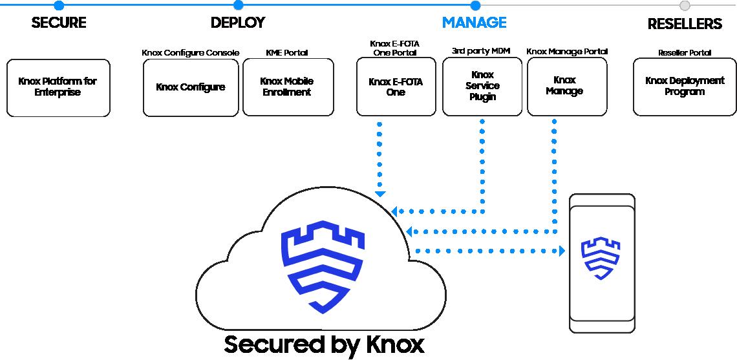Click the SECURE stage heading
pyautogui.click(x=59, y=23)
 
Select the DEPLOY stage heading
pyautogui.click(x=238, y=23)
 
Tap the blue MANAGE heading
pyautogui.click(x=475, y=23)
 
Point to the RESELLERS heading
pyautogui.click(x=685, y=23)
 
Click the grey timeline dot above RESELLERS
pyautogui.click(x=685, y=6)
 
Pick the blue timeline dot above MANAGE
pyautogui.click(x=475, y=6)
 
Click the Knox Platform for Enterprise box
pyautogui.click(x=58, y=87)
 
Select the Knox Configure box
pyautogui.click(x=191, y=87)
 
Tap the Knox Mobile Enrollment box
pyautogui.click(x=288, y=87)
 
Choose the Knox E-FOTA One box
pyautogui.click(x=396, y=87)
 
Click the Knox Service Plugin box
pyautogui.click(x=482, y=87)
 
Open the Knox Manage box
pyautogui.click(x=567, y=87)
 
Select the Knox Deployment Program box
pyautogui.click(x=685, y=87)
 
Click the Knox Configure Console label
pyautogui.click(x=191, y=52)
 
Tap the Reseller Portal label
pyautogui.click(x=685, y=52)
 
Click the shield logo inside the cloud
pyautogui.click(x=322, y=266)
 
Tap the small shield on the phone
pyautogui.click(x=601, y=258)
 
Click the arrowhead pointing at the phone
pyautogui.click(x=562, y=251)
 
